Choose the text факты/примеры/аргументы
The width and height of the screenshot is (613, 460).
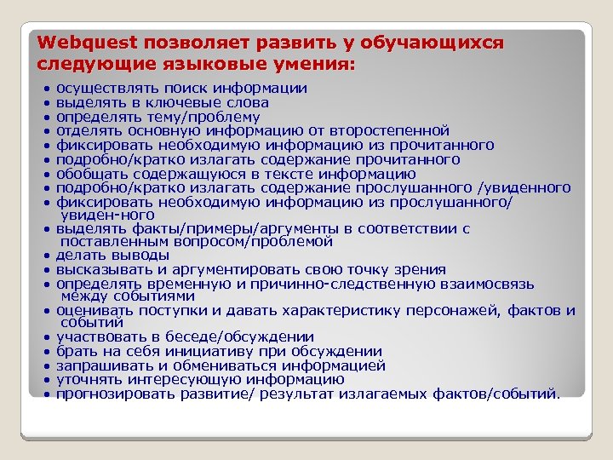click(199, 229)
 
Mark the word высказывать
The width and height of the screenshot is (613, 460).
click(100, 270)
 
